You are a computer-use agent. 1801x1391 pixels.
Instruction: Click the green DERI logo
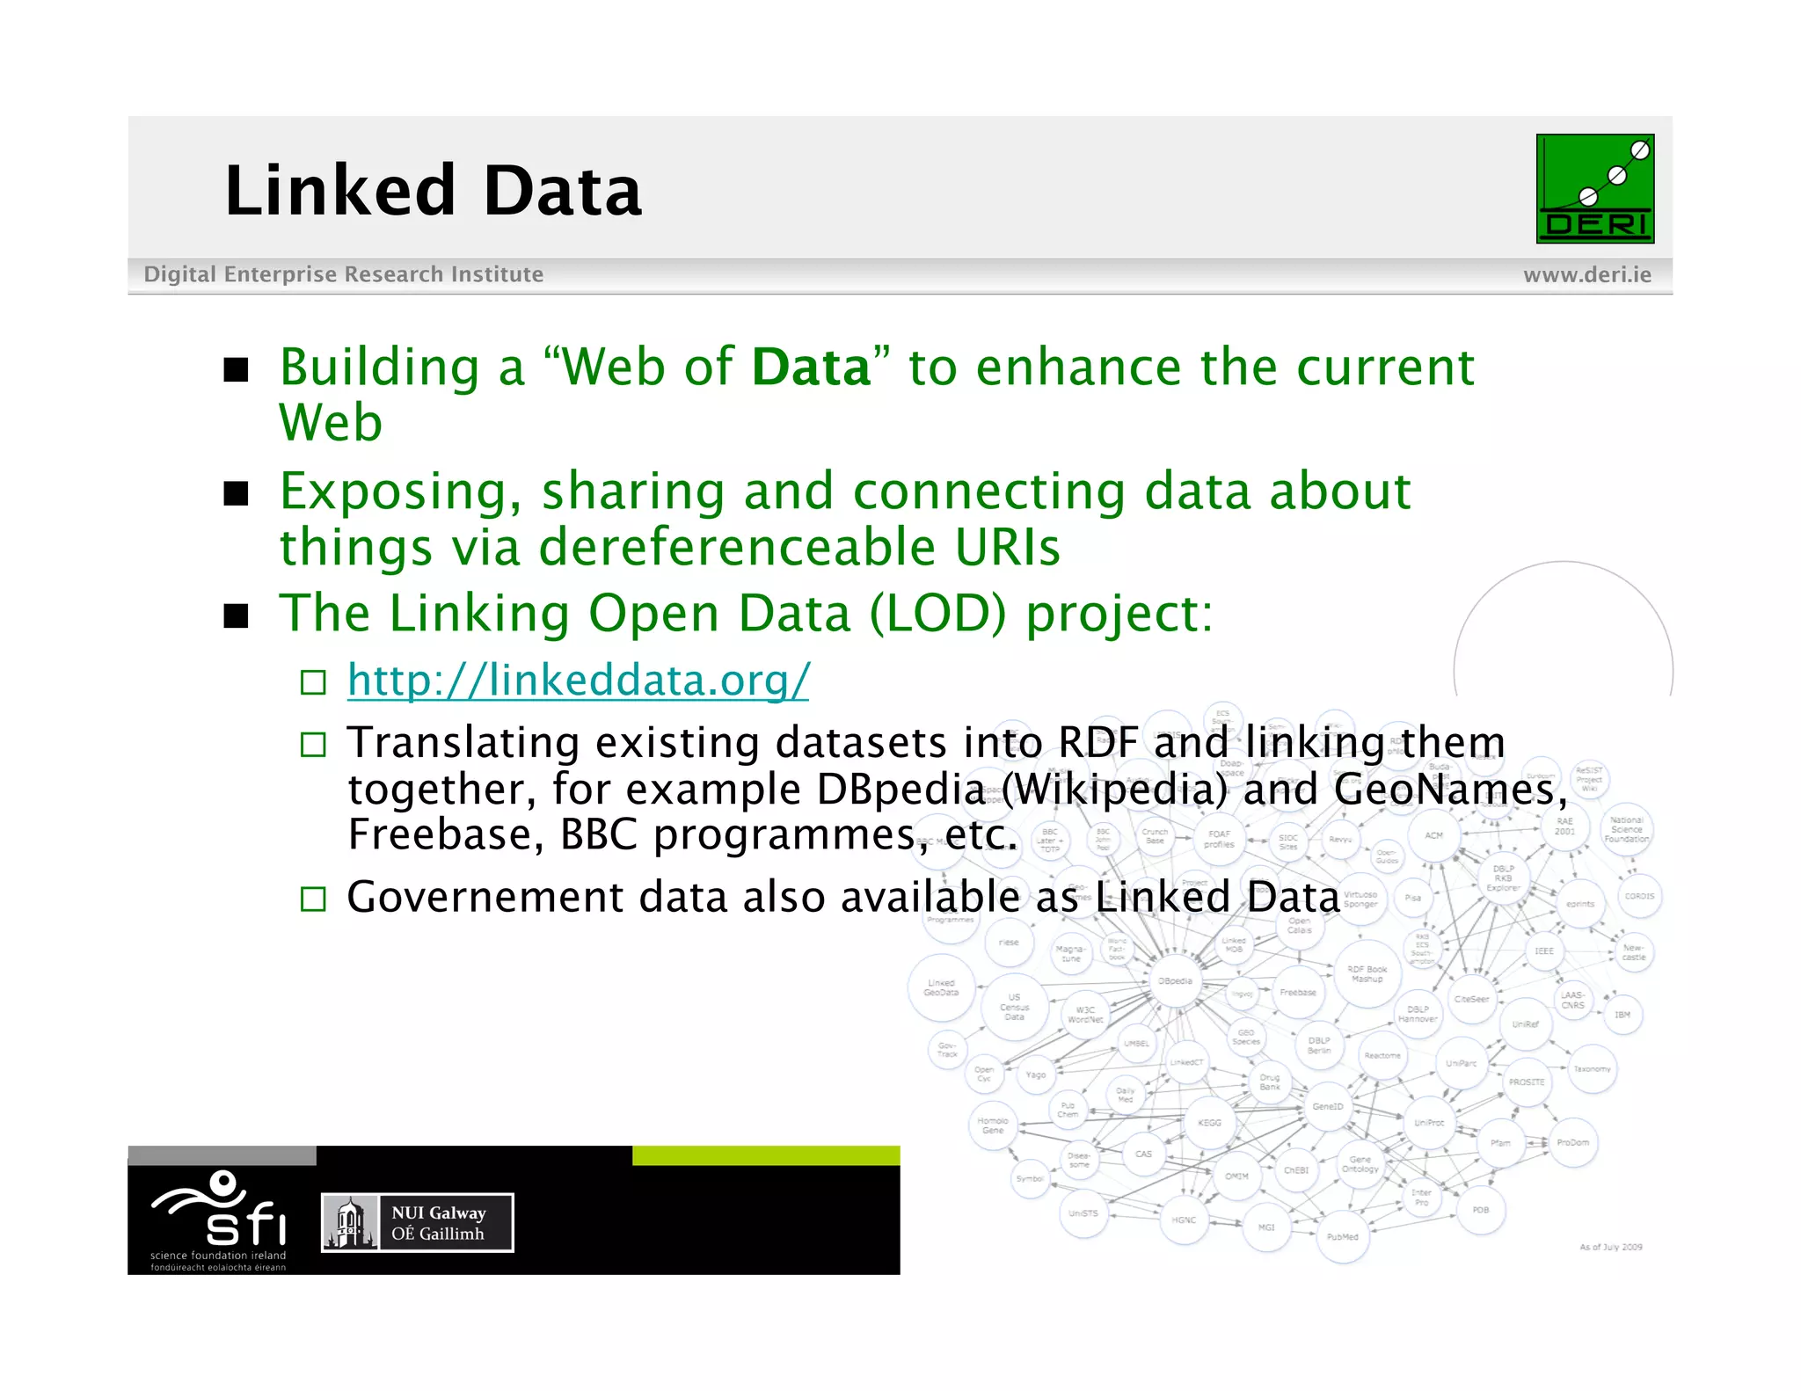1594,188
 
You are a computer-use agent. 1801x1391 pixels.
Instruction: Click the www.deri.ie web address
1586,275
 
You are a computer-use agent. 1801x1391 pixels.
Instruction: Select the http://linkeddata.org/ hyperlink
578,680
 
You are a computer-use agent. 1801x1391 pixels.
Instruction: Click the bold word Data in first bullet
811,367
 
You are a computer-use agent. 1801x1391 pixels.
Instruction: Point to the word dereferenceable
737,547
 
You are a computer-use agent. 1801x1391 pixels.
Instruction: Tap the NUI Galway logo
418,1222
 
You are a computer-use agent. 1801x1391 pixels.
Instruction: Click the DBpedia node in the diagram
1175,980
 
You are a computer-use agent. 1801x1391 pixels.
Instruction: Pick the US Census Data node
1014,1008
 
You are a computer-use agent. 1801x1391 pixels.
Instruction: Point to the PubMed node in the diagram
1342,1237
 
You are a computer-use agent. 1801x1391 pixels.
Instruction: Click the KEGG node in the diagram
1209,1123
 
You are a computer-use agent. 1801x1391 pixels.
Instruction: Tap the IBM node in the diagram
1622,1015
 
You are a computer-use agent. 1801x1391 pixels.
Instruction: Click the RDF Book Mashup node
1367,973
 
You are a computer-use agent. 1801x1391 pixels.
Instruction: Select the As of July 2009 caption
1610,1247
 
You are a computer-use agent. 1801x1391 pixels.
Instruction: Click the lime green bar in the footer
765,1155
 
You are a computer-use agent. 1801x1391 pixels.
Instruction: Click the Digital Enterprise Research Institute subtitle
344,274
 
